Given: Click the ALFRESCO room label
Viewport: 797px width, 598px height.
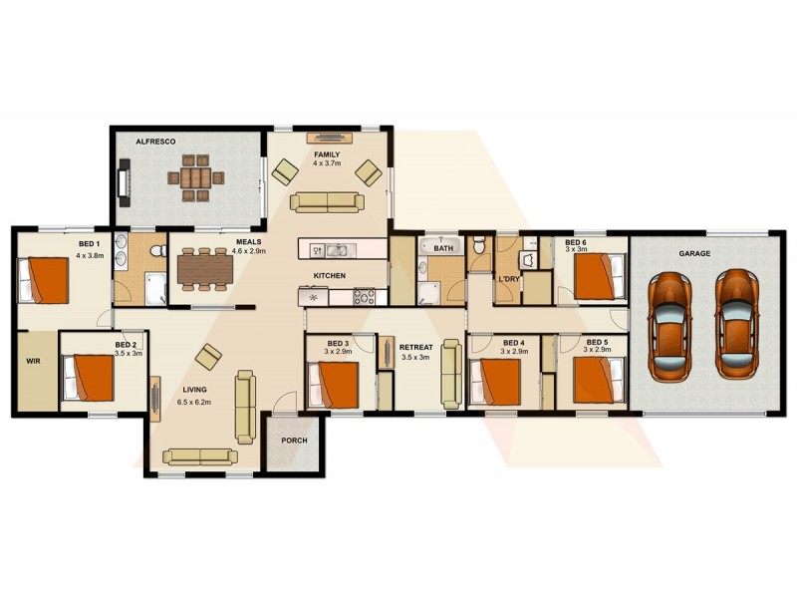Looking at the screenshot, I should click(x=155, y=143).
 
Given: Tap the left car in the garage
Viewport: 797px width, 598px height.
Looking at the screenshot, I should click(x=669, y=324).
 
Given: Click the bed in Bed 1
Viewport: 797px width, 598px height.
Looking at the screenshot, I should click(x=44, y=280).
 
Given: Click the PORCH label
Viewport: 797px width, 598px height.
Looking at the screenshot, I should click(x=294, y=440).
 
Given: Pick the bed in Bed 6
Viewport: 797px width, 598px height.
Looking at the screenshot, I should click(x=599, y=276).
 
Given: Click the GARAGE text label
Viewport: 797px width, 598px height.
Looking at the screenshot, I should click(x=694, y=253).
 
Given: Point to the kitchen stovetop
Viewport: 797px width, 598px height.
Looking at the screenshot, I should click(x=363, y=296).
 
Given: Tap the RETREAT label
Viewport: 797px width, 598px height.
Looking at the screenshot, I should click(x=415, y=347).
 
